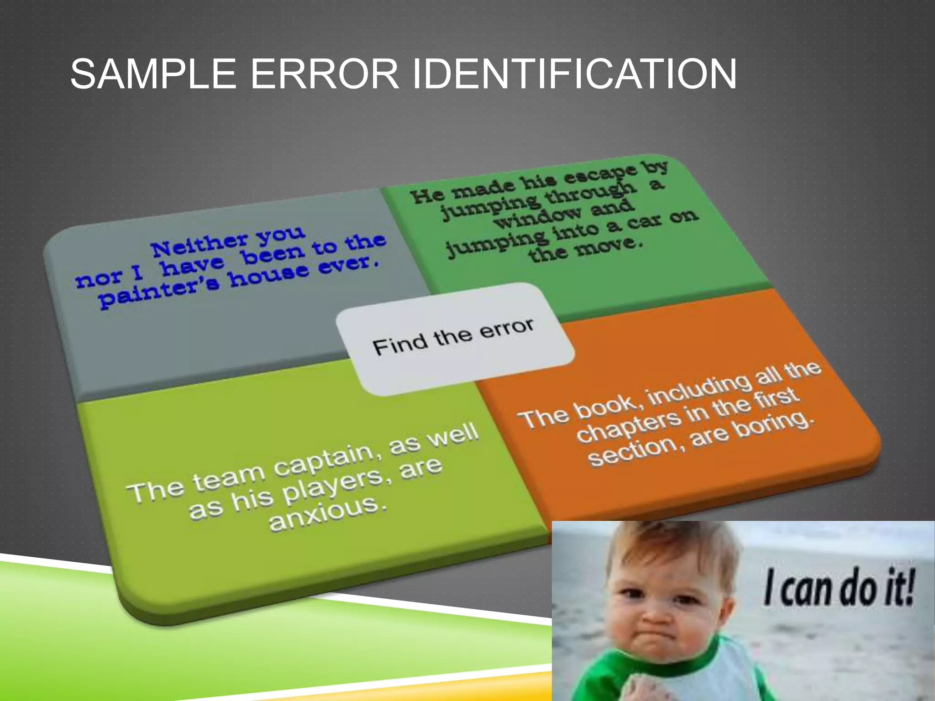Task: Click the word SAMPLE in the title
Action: click(x=153, y=74)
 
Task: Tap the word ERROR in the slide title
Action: click(x=325, y=74)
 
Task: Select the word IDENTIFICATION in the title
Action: click(x=574, y=74)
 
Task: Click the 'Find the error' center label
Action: click(x=453, y=337)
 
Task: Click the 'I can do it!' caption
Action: click(x=839, y=589)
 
